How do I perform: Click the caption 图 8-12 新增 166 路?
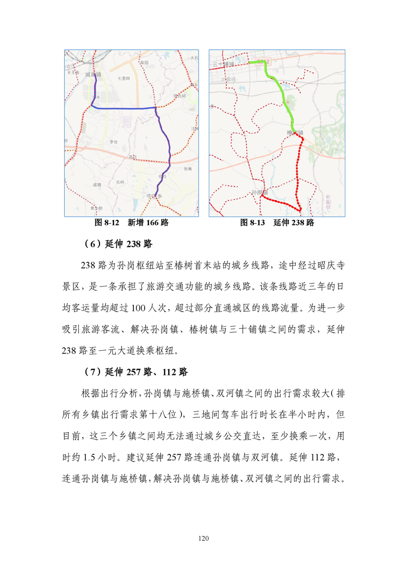click(132, 223)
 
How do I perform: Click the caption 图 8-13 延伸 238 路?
click(277, 223)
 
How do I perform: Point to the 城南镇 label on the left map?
click(93, 74)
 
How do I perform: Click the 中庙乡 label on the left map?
click(154, 196)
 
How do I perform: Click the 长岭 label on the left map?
click(120, 182)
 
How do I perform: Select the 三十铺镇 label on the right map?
click(222, 64)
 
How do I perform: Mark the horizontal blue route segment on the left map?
click(123, 108)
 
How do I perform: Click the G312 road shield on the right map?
click(263, 62)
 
